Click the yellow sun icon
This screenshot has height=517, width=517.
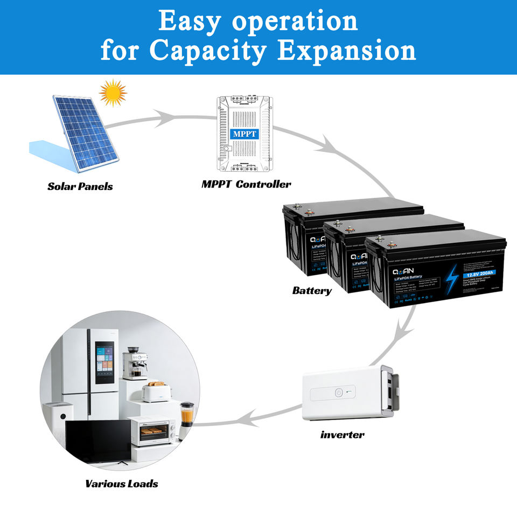[113, 93]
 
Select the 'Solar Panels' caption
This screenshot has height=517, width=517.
[80, 186]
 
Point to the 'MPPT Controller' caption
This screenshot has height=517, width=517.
[246, 184]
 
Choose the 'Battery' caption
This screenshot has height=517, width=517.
[312, 291]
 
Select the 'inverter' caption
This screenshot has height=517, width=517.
[342, 434]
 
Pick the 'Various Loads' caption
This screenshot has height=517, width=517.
[122, 484]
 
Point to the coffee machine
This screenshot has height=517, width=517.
[135, 364]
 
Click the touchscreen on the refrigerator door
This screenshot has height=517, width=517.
[104, 364]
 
